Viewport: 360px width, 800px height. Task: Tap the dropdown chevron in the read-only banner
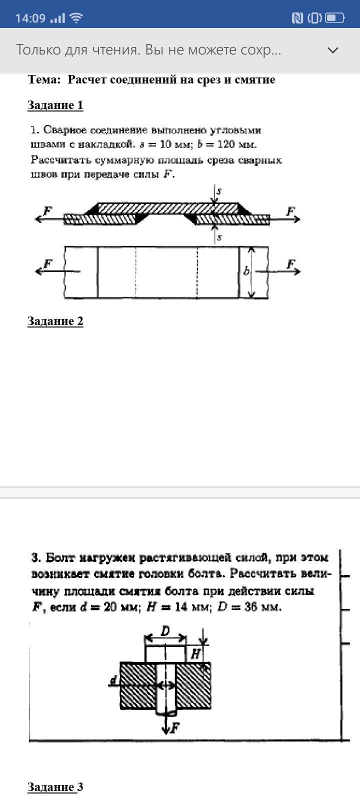tap(332, 50)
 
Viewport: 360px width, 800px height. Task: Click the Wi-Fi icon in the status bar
tap(76, 18)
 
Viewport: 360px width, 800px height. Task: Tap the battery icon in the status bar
tap(334, 18)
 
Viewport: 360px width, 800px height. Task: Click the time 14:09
tap(30, 18)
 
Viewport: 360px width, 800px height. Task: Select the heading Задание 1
tap(55, 105)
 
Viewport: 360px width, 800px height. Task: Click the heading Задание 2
tap(55, 321)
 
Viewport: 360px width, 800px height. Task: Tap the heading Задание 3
tap(55, 787)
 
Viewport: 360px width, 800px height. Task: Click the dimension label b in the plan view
tap(246, 271)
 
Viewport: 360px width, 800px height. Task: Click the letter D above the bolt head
tap(165, 631)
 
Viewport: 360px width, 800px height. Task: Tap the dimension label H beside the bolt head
tap(195, 653)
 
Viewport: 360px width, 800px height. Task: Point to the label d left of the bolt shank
tap(113, 680)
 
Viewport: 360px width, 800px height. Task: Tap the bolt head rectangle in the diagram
tap(165, 654)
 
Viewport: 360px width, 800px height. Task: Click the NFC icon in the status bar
tap(297, 18)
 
